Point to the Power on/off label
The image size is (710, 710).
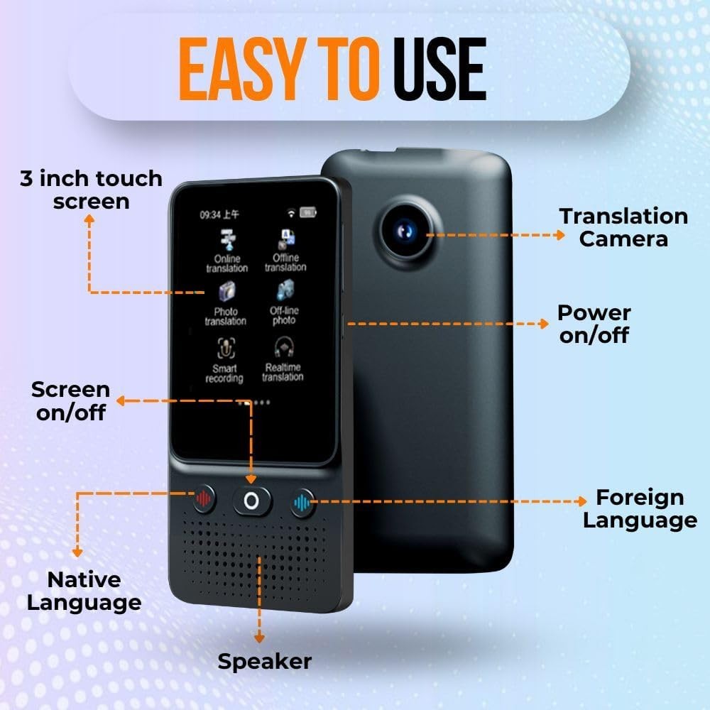click(594, 323)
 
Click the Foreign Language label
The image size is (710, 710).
click(640, 508)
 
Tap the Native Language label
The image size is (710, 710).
click(94, 591)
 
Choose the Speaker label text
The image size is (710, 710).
click(264, 662)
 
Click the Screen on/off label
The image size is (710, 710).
click(71, 400)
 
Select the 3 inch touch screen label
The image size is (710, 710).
click(91, 189)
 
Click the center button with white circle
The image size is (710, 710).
click(251, 501)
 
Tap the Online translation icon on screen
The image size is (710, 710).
click(227, 241)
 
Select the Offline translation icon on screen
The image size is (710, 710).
click(285, 239)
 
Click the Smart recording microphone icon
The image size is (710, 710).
click(226, 348)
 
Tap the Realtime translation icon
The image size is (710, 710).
click(283, 347)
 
